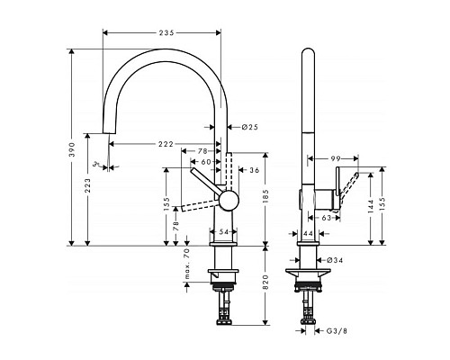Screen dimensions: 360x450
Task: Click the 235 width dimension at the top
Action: (162, 33)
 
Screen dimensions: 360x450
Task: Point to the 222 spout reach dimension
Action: (164, 144)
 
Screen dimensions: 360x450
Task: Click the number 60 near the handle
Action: (206, 162)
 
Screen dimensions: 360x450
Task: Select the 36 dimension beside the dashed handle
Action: (254, 170)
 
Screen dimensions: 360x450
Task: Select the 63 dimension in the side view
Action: (327, 217)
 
